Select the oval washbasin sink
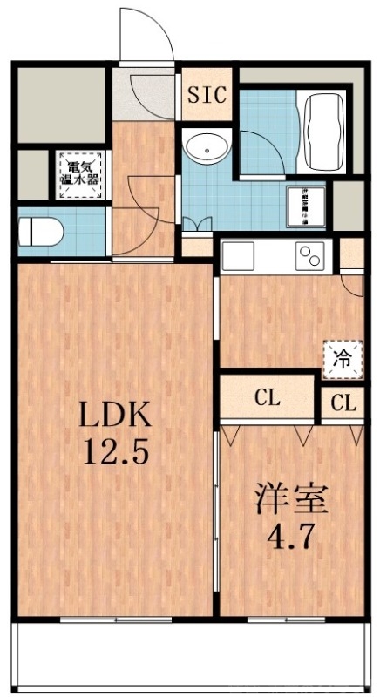point(207,147)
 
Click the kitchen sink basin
point(240,255)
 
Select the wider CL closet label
point(267,400)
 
